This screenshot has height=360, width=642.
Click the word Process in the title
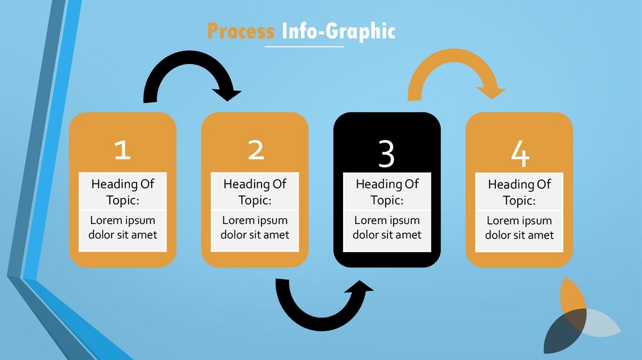pyautogui.click(x=241, y=31)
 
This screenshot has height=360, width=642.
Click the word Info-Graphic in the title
pyautogui.click(x=339, y=31)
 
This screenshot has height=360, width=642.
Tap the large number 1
pyautogui.click(x=122, y=150)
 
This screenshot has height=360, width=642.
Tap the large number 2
pyautogui.click(x=255, y=150)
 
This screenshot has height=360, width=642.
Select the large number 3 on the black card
pyautogui.click(x=387, y=154)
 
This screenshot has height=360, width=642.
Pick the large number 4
pyautogui.click(x=519, y=154)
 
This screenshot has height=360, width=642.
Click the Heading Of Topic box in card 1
pyautogui.click(x=122, y=192)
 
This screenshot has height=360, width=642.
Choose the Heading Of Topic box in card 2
pyautogui.click(x=255, y=192)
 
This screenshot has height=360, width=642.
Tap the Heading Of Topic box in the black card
pyautogui.click(x=387, y=192)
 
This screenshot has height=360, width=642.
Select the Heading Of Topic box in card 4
pyautogui.click(x=519, y=192)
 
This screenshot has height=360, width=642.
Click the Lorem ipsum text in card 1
pyautogui.click(x=122, y=228)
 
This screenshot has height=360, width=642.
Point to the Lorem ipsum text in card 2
pyautogui.click(x=255, y=228)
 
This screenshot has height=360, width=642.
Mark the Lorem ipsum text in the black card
pyautogui.click(x=387, y=228)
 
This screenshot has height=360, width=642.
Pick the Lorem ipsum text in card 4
pyautogui.click(x=519, y=228)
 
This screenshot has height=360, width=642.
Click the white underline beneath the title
pyautogui.click(x=304, y=46)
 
